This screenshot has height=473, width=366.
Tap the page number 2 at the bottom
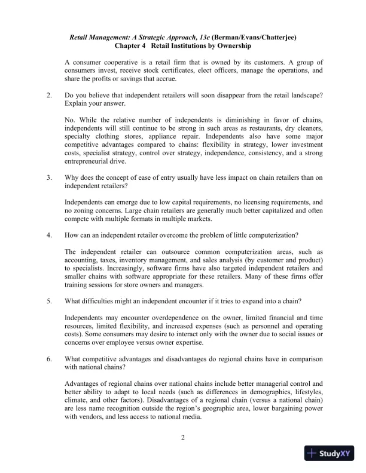(184, 438)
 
